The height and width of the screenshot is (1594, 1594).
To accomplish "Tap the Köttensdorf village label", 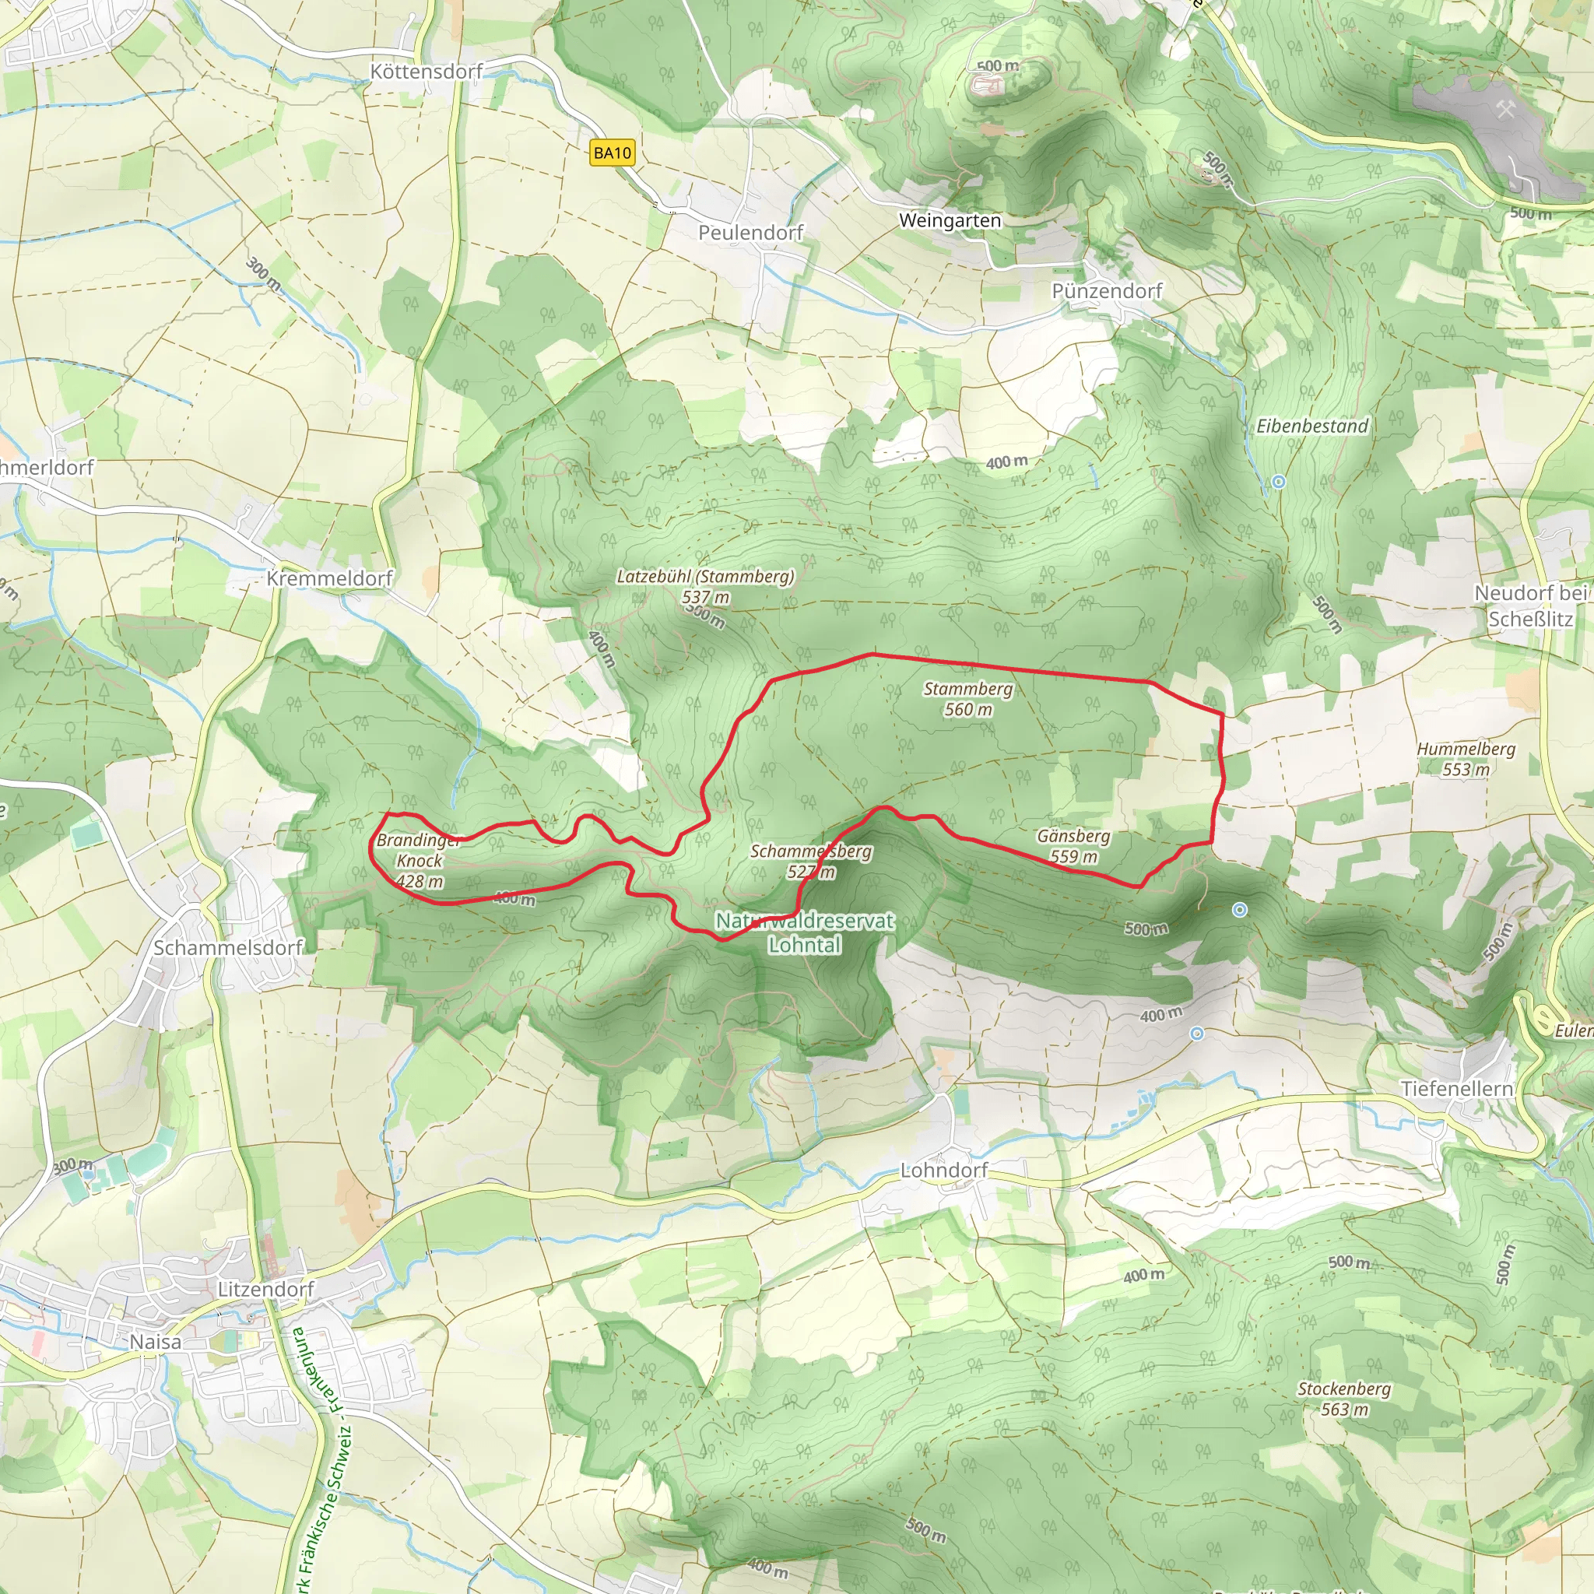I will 426,72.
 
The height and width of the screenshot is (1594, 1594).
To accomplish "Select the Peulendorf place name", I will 750,233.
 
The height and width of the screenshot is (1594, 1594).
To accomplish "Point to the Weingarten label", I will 950,220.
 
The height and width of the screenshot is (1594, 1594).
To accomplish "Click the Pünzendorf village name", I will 1107,290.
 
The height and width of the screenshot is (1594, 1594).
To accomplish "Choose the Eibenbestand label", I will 1311,426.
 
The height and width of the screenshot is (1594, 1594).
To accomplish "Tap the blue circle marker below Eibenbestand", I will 1278,482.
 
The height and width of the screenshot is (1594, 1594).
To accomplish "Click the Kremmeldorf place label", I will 329,578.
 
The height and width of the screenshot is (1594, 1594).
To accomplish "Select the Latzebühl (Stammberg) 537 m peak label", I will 704,586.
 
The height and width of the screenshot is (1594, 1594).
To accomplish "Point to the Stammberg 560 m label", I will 967,699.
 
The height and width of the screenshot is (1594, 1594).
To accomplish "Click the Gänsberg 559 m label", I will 1073,846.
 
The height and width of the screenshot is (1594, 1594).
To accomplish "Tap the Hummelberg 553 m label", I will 1466,759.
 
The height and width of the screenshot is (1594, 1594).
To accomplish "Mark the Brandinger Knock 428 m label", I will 420,861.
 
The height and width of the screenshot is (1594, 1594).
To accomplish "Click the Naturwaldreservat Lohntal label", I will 805,932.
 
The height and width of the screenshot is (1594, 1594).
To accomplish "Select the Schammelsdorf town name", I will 228,947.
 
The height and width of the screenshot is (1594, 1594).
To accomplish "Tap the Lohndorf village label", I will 944,1170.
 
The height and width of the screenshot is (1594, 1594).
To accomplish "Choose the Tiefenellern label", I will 1456,1089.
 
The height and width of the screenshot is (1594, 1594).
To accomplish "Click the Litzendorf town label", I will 265,1289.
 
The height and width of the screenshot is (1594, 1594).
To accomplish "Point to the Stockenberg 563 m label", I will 1344,1399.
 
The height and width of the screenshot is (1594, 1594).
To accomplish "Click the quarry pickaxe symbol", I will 1506,109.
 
